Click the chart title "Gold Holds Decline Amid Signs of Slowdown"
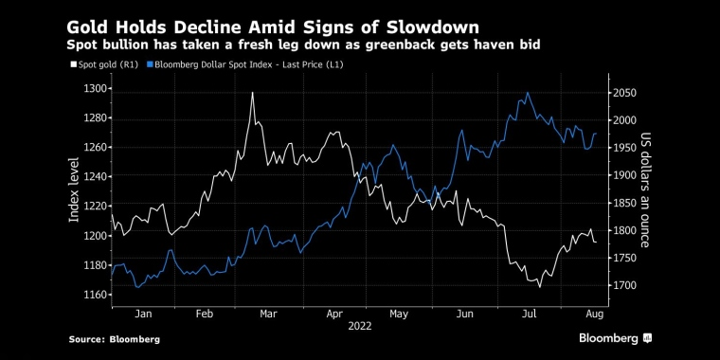pyautogui.click(x=273, y=27)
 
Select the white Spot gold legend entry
pyautogui.click(x=104, y=64)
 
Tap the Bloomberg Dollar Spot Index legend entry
pyautogui.click(x=245, y=64)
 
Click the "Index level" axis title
pyautogui.click(x=75, y=189)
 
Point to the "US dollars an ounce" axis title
pyautogui.click(x=645, y=189)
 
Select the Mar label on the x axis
pyautogui.click(x=268, y=315)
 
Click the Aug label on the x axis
pyautogui.click(x=594, y=315)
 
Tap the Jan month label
pyautogui.click(x=143, y=315)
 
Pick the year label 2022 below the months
pyautogui.click(x=360, y=327)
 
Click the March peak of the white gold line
pyautogui.click(x=253, y=93)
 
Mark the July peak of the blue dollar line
pyautogui.click(x=528, y=93)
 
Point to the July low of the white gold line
pyautogui.click(x=540, y=287)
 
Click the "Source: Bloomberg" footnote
pyautogui.click(x=115, y=340)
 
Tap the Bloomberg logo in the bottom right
pyautogui.click(x=615, y=338)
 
